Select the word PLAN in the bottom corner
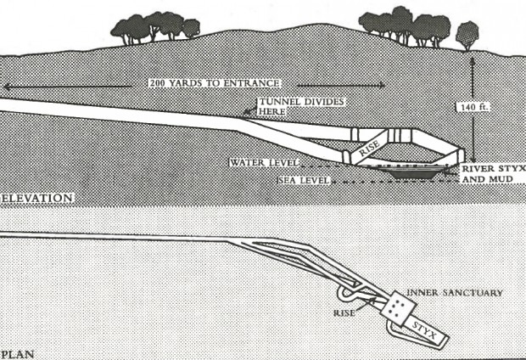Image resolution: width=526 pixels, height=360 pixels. [x=16, y=352]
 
